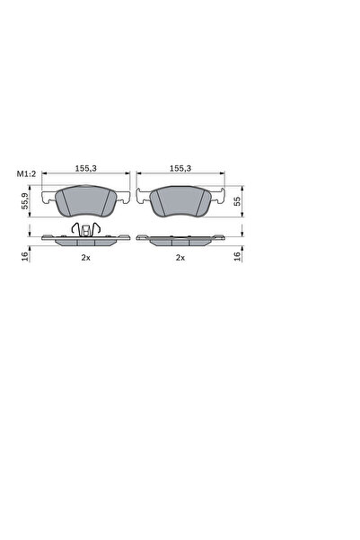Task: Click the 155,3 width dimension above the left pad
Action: click(86, 167)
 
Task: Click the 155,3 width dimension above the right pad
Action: click(180, 167)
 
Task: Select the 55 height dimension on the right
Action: click(237, 202)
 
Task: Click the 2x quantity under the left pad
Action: click(86, 258)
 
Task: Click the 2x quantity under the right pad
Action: click(180, 258)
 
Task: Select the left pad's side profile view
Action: click(86, 241)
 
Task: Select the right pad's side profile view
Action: click(180, 240)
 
